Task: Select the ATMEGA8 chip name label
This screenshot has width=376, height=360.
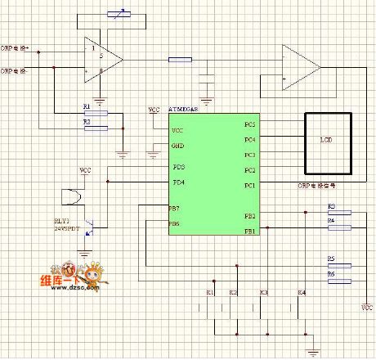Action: point(186,109)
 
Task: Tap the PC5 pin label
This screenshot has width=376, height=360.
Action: point(249,124)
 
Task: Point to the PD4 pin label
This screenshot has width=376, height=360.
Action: point(178,182)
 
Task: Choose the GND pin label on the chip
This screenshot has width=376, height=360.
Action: point(177,146)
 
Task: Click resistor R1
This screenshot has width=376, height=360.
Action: point(96,114)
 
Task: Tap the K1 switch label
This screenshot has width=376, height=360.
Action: point(210,292)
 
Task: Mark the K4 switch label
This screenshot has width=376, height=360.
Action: point(302,292)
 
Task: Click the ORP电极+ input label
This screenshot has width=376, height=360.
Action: point(16,49)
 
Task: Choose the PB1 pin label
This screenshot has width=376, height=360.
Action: point(249,231)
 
